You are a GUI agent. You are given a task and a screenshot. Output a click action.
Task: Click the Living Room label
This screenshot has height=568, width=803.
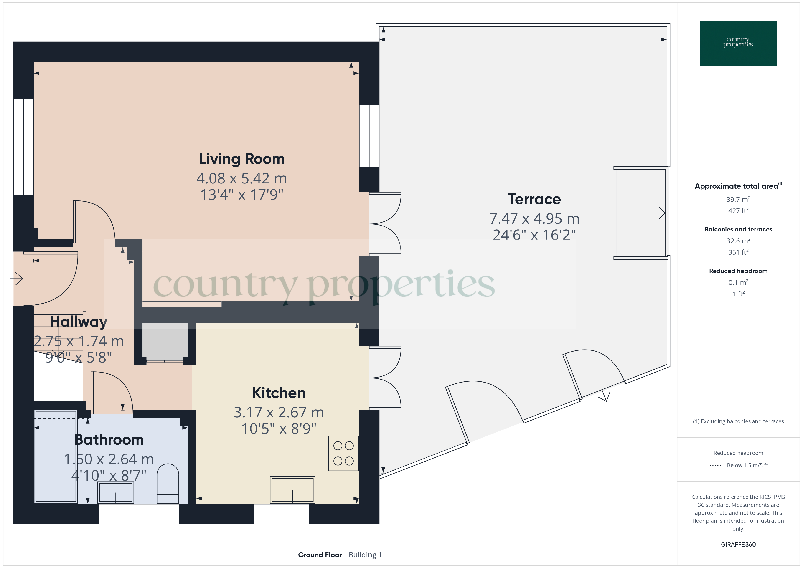pyautogui.click(x=242, y=159)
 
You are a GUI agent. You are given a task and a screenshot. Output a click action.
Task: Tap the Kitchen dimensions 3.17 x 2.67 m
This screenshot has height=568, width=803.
pyautogui.click(x=279, y=412)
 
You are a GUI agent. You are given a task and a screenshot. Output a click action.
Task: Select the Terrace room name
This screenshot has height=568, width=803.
pyautogui.click(x=534, y=199)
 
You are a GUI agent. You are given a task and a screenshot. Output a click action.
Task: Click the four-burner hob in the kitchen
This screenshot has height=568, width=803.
pyautogui.click(x=343, y=453)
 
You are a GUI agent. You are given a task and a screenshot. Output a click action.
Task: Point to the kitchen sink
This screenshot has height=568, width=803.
pyautogui.click(x=292, y=490)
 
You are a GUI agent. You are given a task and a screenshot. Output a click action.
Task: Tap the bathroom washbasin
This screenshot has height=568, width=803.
pyautogui.click(x=116, y=492)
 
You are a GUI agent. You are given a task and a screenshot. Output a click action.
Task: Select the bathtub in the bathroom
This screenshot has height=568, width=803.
pyautogui.click(x=56, y=457)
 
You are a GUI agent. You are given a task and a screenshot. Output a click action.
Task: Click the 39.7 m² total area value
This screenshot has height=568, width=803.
pyautogui.click(x=738, y=199)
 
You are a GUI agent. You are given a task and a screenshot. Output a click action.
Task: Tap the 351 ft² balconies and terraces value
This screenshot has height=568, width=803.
pyautogui.click(x=738, y=252)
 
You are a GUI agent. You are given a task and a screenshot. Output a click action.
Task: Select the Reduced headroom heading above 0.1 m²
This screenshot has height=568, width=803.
pyautogui.click(x=738, y=271)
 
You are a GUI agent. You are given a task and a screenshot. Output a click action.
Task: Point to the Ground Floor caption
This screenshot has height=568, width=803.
pyautogui.click(x=320, y=555)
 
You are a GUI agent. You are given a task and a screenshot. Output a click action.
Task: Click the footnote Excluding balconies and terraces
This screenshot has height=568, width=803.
pyautogui.click(x=738, y=421)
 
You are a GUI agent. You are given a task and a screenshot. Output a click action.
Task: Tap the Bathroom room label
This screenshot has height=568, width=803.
pyautogui.click(x=109, y=440)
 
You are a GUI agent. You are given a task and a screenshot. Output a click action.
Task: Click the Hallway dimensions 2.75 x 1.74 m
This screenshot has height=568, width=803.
pyautogui.click(x=79, y=341)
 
